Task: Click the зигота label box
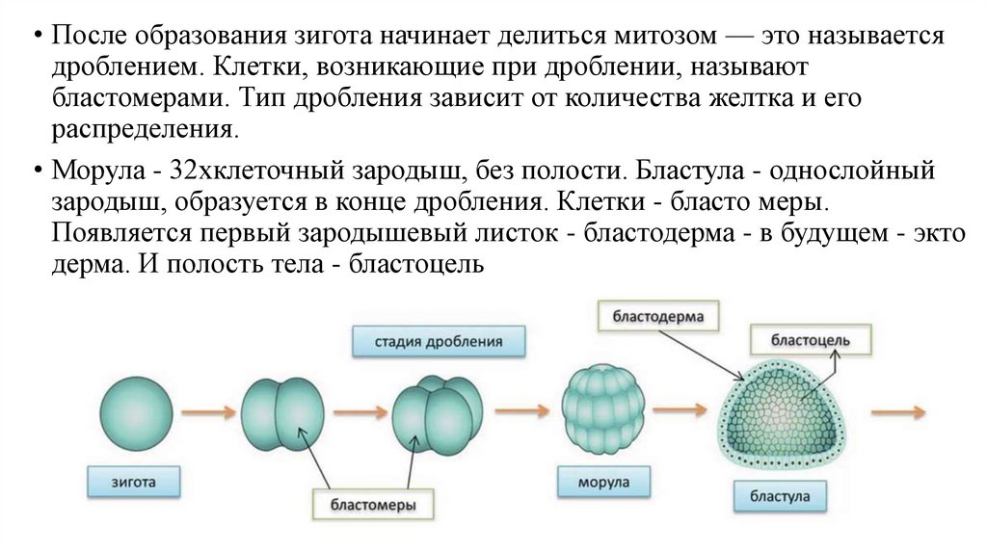(132, 478)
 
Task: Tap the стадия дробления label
(439, 341)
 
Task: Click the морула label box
(604, 481)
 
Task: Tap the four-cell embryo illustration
(438, 411)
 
